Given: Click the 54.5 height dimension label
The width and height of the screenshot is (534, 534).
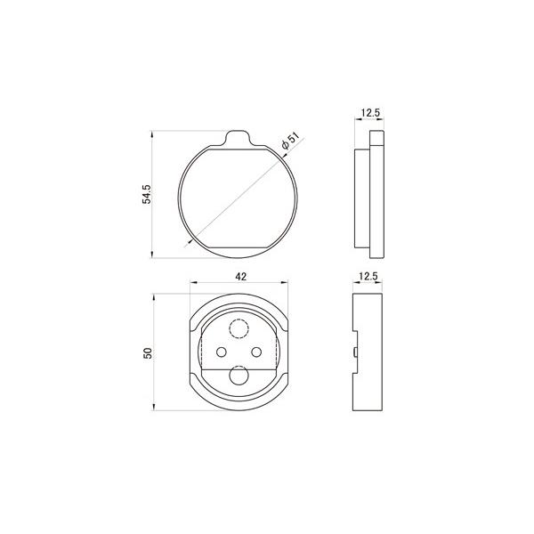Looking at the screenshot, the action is coord(147,194).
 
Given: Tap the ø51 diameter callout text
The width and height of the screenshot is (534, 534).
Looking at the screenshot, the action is coord(290,142).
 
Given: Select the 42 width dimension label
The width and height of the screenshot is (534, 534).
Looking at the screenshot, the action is coord(241,277).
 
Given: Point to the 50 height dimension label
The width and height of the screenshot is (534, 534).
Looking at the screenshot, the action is coord(148,352).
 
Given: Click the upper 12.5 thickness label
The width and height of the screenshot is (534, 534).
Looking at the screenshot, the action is coord(370,113).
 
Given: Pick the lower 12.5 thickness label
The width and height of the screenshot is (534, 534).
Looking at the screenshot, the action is coord(368,276).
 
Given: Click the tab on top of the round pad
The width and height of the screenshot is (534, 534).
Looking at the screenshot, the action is coord(238,138).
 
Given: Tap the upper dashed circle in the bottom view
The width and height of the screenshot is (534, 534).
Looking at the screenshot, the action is coord(239,328).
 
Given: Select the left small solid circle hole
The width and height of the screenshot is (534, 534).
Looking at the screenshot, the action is coord(222,352).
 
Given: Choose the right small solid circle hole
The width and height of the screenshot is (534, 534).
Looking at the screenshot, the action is coord(256,352).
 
